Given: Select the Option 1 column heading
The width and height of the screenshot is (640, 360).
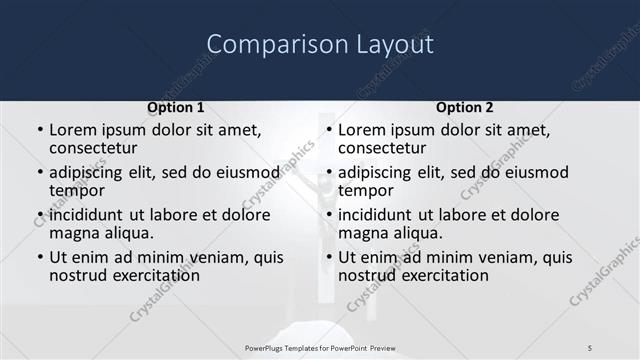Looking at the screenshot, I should (175, 107).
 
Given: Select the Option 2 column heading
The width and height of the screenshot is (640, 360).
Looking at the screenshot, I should (464, 107).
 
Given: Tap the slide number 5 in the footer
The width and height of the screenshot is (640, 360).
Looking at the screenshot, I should (590, 347).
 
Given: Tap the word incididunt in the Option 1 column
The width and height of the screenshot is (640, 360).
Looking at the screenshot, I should (86, 215).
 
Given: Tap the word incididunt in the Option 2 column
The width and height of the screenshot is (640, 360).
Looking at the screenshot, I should (375, 215).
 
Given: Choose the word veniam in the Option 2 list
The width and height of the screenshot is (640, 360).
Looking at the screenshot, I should (508, 257).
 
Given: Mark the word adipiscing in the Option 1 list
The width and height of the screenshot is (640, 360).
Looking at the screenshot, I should (89, 171).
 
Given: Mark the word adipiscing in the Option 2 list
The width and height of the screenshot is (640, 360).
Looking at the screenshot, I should (378, 171).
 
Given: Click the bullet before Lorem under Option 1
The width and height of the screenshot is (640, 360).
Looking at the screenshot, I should (40, 130).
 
